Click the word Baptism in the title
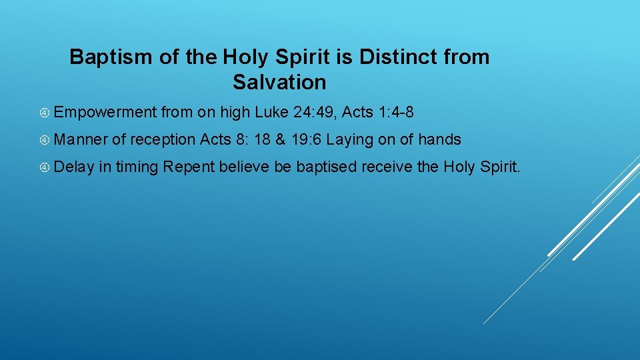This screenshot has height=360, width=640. (x=111, y=57)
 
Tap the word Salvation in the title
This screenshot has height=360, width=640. (x=279, y=83)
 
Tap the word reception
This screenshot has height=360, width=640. (x=163, y=139)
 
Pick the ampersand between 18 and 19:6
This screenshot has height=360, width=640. (x=280, y=139)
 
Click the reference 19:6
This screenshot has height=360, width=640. (x=307, y=139)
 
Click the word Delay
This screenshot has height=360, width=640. (x=75, y=166)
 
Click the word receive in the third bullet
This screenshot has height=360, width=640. (x=387, y=166)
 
